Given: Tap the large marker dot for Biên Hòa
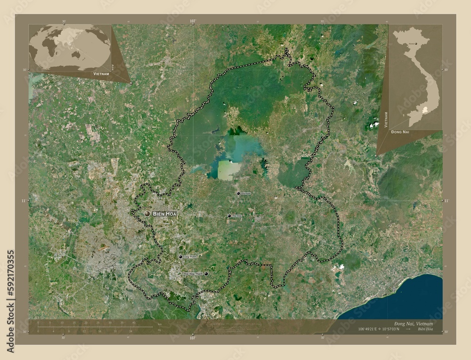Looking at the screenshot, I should click(147, 214).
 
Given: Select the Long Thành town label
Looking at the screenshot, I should click(190, 257).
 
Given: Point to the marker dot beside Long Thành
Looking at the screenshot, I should click(180, 257).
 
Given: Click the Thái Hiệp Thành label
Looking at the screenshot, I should click(193, 273).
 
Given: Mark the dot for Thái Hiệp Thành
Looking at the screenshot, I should click(206, 273).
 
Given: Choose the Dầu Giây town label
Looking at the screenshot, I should click(237, 216).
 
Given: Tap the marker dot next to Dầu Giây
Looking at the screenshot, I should click(229, 216).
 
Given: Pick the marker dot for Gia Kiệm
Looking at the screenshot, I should click(238, 193).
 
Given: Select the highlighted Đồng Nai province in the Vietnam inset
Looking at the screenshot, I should click(427, 110).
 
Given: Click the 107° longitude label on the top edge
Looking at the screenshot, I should click(192, 21).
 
